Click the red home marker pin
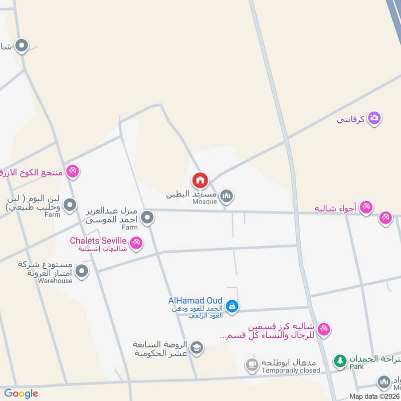tap(200, 180)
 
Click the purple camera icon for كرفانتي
tap(374, 118)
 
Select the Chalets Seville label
tap(98, 241)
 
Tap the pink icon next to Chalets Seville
tap(136, 244)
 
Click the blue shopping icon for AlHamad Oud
tap(232, 306)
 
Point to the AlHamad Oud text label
tap(195, 301)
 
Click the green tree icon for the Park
tap(340, 360)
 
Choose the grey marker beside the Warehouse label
tap(82, 272)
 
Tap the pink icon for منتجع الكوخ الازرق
tap(73, 172)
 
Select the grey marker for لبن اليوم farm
tap(70, 205)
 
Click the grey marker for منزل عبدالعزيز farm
tap(147, 218)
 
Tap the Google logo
tap(21, 393)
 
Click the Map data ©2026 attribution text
tap(374, 396)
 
